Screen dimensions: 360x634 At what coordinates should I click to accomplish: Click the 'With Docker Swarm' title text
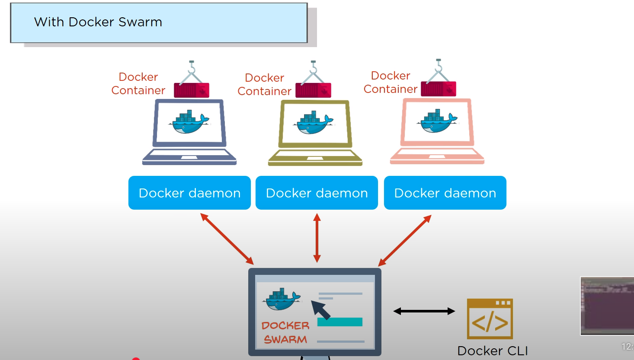pyautogui.click(x=98, y=22)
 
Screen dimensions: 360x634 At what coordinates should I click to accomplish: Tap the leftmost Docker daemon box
pyautogui.click(x=189, y=193)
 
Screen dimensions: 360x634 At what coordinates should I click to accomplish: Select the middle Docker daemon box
pyautogui.click(x=317, y=193)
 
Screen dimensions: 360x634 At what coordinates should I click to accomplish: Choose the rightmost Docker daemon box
pyautogui.click(x=445, y=193)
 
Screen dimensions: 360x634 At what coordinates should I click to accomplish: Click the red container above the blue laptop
pyautogui.click(x=192, y=90)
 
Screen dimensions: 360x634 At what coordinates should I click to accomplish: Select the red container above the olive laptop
pyautogui.click(x=314, y=90)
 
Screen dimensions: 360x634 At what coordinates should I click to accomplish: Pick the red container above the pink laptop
pyautogui.click(x=438, y=89)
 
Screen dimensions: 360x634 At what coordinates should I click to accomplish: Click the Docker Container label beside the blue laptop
pyautogui.click(x=138, y=83)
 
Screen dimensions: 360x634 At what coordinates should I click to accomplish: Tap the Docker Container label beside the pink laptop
pyautogui.click(x=391, y=82)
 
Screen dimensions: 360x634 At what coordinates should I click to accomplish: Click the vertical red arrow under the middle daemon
pyautogui.click(x=317, y=238)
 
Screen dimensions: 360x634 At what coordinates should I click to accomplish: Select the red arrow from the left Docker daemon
pyautogui.click(x=227, y=239)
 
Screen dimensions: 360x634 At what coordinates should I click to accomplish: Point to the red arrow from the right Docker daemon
pyautogui.click(x=405, y=240)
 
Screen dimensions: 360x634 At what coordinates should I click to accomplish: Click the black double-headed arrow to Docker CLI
pyautogui.click(x=424, y=311)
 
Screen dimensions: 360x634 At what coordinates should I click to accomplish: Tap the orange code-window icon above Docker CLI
pyautogui.click(x=490, y=319)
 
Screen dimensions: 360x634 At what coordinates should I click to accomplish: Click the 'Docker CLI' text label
pyautogui.click(x=493, y=350)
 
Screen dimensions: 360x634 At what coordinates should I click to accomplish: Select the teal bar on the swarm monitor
pyautogui.click(x=339, y=322)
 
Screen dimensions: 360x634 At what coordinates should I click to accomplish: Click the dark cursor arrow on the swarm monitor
pyautogui.click(x=320, y=309)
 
